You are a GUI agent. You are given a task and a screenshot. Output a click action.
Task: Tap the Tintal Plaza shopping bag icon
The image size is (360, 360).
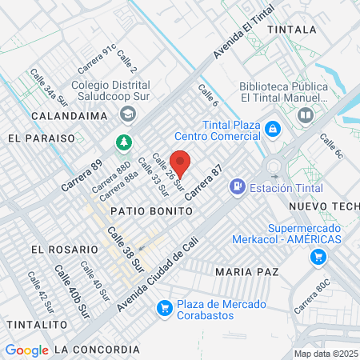click(x=273, y=128)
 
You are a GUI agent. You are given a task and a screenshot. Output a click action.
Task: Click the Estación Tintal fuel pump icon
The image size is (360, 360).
click(x=237, y=187)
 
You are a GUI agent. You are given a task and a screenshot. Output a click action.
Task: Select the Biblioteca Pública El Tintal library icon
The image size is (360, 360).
click(x=305, y=116)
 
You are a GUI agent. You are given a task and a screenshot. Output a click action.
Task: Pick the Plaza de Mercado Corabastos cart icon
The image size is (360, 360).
click(x=165, y=307)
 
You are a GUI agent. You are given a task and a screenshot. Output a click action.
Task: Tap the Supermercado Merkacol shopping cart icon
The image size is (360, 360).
click(x=318, y=257)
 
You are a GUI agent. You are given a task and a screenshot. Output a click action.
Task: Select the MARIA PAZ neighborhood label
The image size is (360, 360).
click(x=247, y=272)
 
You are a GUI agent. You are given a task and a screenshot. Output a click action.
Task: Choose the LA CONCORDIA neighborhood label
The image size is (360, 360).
click(x=98, y=350)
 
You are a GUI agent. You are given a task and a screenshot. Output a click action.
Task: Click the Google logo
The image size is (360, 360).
click(x=26, y=350)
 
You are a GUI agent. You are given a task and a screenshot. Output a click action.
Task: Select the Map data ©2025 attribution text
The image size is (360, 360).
click(x=326, y=354)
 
